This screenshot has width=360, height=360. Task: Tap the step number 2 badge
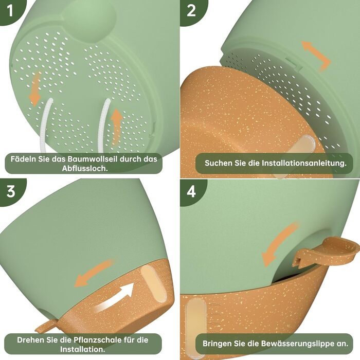tap(191, 11)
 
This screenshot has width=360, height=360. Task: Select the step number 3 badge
tap(10, 191)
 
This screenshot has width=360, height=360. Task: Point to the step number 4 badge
tap(191, 191)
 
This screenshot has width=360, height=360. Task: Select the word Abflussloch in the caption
tap(85, 168)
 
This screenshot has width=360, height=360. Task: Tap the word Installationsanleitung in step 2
tap(304, 163)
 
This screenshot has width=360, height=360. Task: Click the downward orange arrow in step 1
tap(35, 89)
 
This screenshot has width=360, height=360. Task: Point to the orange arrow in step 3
tap(94, 273)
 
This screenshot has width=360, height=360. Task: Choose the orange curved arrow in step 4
tap(279, 244)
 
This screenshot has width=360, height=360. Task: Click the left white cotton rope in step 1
tap(46, 125)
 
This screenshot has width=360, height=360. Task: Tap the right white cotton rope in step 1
tap(103, 125)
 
